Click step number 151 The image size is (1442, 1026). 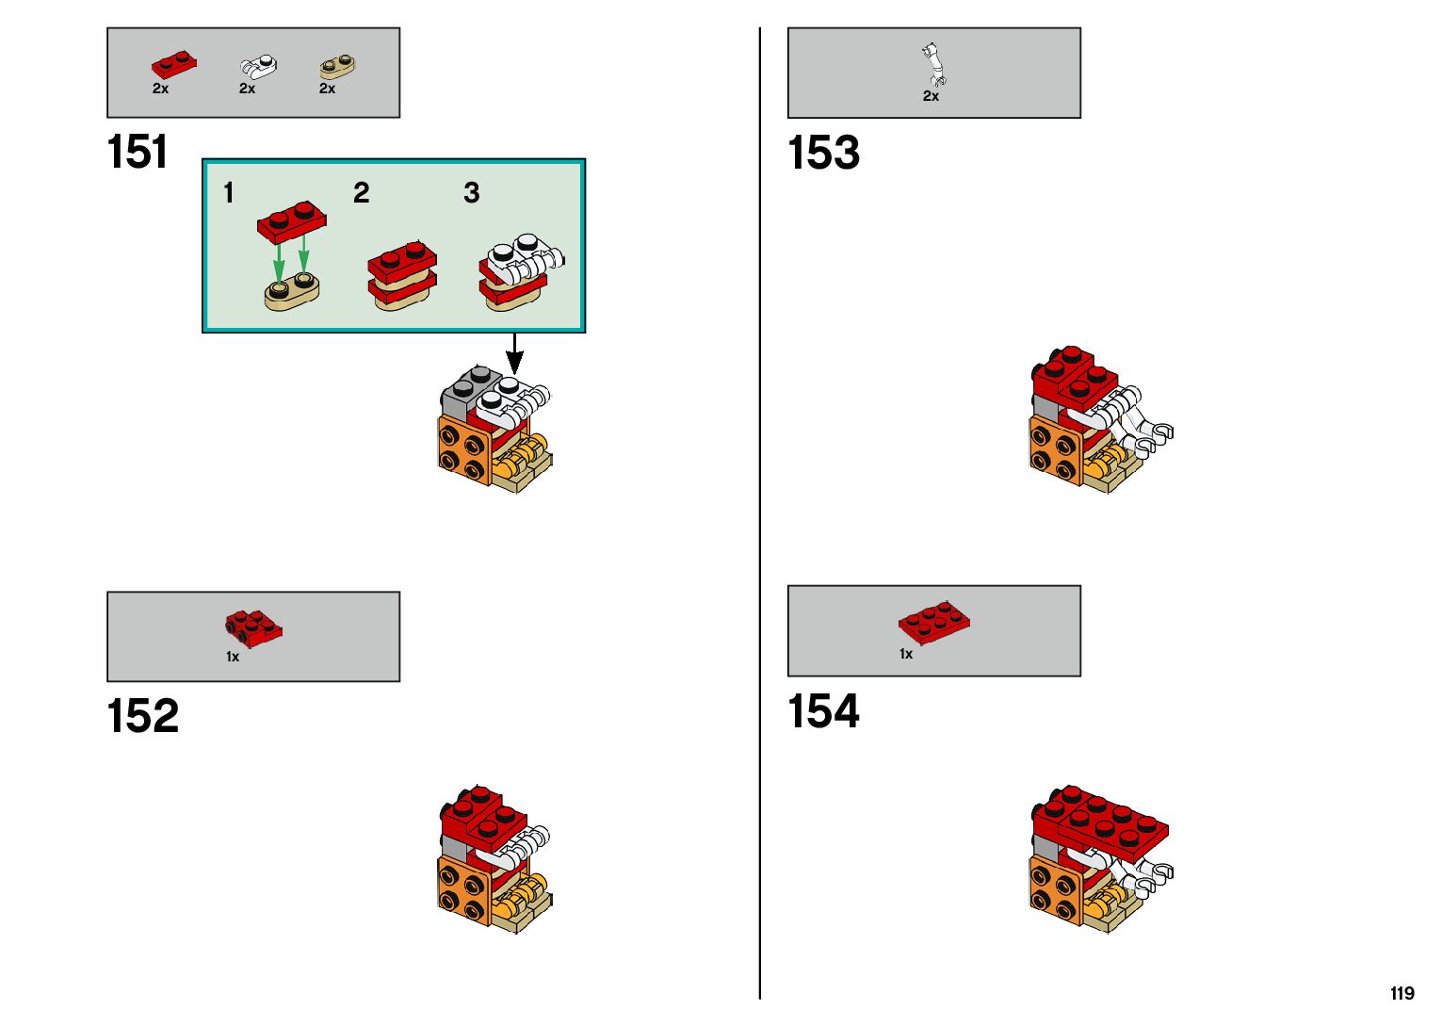point(138,153)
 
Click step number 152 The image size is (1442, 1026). point(142,716)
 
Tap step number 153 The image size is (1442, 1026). point(823,153)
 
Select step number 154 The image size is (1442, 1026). point(823,711)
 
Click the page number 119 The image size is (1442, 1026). point(1401,994)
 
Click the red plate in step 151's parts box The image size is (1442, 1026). point(174,66)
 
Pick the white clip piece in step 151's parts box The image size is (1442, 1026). point(258,66)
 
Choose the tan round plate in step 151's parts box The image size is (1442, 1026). point(336,66)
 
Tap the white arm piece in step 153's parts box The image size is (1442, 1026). point(932,64)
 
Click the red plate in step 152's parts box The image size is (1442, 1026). point(253,627)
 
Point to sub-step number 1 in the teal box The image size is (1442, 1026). point(228,193)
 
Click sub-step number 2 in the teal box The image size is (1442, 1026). point(361,193)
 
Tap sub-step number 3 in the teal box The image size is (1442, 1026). point(471,193)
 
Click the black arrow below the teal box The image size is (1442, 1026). point(514,354)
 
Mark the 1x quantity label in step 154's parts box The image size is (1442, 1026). point(906,654)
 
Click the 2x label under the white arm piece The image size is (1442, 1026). point(931,96)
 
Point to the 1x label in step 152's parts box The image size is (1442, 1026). point(233,657)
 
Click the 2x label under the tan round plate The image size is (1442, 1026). point(327,89)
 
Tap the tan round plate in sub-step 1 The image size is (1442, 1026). point(291,293)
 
